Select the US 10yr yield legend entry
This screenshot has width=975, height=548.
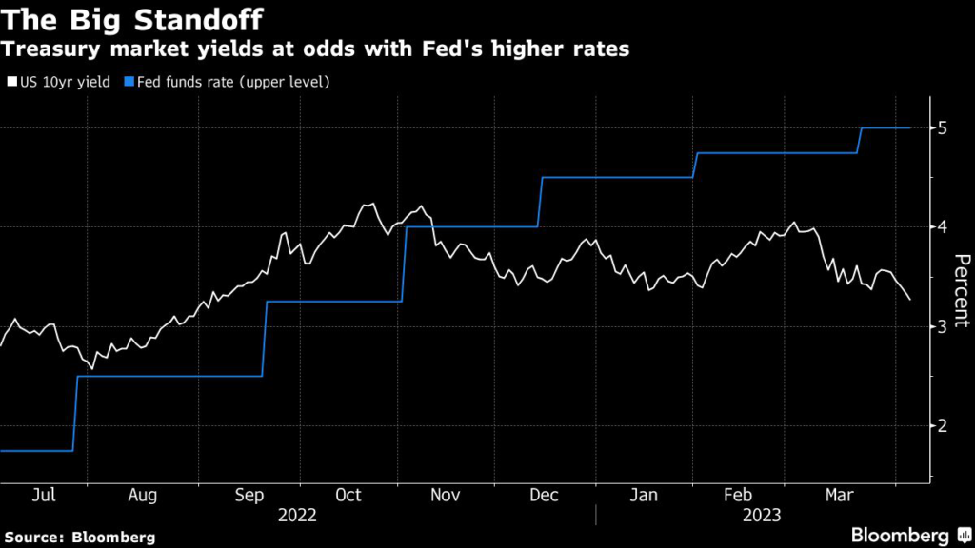[x=59, y=82]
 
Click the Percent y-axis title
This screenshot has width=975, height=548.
[x=961, y=291]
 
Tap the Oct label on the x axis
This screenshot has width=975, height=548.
[x=348, y=495]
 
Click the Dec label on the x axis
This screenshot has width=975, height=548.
[x=544, y=495]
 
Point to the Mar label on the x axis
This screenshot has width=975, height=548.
[x=837, y=495]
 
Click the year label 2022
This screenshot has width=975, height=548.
[x=297, y=515]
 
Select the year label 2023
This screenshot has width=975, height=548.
[x=762, y=515]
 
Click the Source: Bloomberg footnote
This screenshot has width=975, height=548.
[x=78, y=536]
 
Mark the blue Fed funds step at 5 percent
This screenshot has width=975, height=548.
[x=885, y=127]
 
